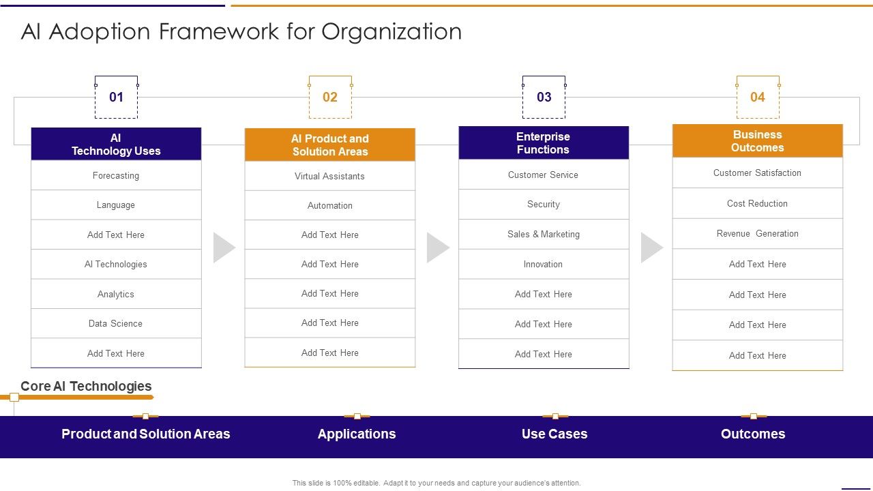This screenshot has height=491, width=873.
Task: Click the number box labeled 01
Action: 116,97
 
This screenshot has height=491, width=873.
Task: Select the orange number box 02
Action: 330,97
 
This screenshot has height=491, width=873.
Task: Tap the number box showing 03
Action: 544,97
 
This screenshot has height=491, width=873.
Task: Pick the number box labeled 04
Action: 758,97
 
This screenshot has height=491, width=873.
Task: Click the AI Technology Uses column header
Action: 116,145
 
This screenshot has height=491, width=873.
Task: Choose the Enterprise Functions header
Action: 544,143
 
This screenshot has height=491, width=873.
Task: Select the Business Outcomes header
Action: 758,141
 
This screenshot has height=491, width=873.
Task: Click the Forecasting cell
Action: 116,175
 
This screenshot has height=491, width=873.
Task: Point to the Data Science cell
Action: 116,323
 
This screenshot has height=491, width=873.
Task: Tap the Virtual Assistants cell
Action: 330,176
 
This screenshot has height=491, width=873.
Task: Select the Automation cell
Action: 330,205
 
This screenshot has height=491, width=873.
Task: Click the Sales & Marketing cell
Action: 544,234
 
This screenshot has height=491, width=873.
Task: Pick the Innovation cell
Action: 544,264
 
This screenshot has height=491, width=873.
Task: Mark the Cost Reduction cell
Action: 758,203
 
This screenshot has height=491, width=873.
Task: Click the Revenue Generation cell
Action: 758,233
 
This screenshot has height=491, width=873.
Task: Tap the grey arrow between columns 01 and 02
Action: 224,248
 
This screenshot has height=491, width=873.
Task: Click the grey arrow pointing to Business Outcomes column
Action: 651,248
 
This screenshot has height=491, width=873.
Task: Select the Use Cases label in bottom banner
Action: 554,434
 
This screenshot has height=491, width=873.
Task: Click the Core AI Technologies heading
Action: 86,386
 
